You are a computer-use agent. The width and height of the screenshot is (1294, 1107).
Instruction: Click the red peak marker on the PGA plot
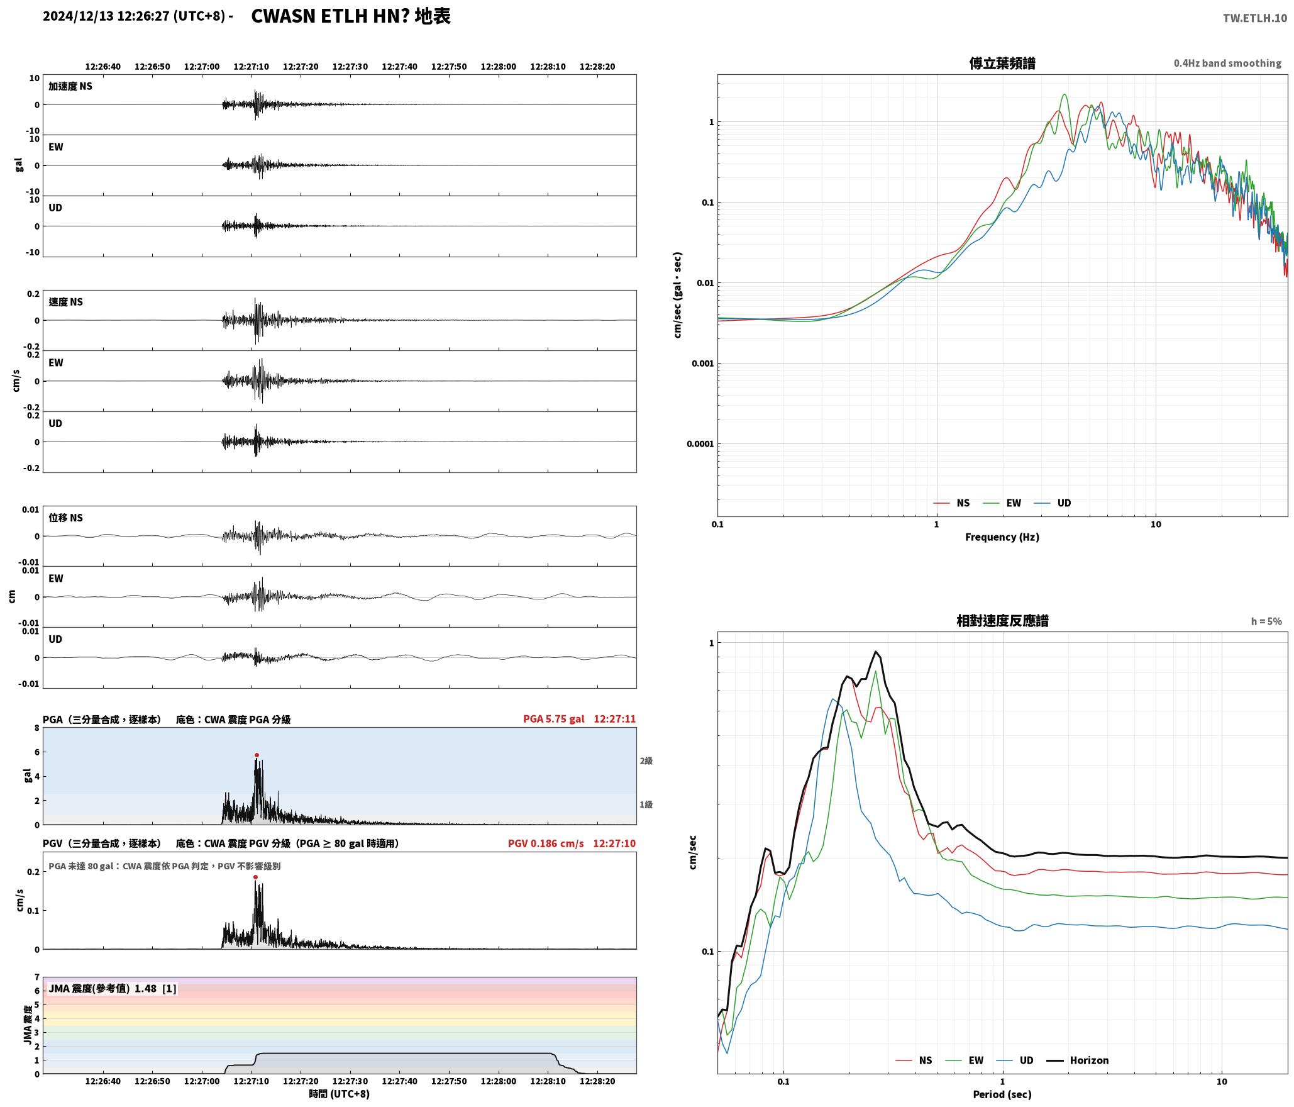click(257, 755)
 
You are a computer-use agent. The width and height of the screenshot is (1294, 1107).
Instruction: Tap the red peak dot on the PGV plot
click(255, 877)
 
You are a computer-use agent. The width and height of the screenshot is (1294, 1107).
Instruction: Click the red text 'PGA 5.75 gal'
click(553, 719)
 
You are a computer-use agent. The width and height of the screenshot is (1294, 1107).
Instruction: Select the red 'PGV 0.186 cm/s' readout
click(546, 843)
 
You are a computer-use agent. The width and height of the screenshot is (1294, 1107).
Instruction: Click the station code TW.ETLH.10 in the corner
click(1255, 18)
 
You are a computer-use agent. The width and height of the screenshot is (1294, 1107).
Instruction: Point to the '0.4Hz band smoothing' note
click(1227, 64)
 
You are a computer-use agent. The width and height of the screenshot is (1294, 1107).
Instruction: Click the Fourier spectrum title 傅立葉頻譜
click(1002, 64)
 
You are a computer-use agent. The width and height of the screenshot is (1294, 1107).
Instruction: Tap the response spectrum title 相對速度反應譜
click(1002, 621)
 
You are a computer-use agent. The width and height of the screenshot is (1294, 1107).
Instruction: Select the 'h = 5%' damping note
click(1266, 621)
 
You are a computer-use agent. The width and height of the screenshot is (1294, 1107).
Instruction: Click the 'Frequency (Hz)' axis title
click(1002, 537)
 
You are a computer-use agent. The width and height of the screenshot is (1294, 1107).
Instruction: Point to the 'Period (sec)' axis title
click(1002, 1094)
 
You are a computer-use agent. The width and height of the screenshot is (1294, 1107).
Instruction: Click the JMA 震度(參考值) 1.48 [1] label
click(113, 988)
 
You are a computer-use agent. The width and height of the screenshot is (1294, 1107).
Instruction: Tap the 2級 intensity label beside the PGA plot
click(646, 761)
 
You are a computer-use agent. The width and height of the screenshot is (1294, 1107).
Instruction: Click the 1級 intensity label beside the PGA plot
click(646, 804)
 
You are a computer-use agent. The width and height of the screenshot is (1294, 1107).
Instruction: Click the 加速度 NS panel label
click(70, 86)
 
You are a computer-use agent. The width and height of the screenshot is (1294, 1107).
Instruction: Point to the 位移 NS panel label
click(66, 518)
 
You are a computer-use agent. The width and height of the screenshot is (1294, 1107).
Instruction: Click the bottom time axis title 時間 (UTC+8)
click(340, 1094)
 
